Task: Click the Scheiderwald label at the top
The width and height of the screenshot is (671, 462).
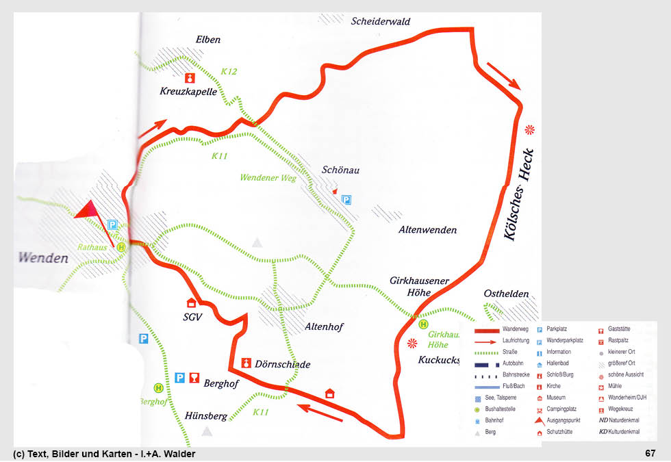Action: click(381, 21)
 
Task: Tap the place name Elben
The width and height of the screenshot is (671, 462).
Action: click(208, 40)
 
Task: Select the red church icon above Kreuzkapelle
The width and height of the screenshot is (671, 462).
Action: click(191, 77)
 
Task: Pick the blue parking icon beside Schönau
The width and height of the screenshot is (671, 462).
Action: click(346, 200)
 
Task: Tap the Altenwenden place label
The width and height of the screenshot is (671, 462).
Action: click(427, 230)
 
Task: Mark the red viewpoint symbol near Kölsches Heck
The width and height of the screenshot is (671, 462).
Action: click(529, 129)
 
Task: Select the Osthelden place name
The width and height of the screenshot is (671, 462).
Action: click(506, 294)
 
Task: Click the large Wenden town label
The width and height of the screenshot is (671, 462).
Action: click(44, 259)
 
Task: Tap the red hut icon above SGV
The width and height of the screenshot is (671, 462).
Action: click(191, 303)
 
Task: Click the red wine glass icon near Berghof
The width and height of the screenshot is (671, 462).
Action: click(195, 378)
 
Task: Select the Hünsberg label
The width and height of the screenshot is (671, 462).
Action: click(205, 415)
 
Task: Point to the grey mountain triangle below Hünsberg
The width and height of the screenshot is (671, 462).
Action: click(207, 431)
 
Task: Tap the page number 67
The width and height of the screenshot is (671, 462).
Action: click(650, 453)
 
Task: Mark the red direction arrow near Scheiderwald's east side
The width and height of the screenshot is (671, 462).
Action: click(504, 76)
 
